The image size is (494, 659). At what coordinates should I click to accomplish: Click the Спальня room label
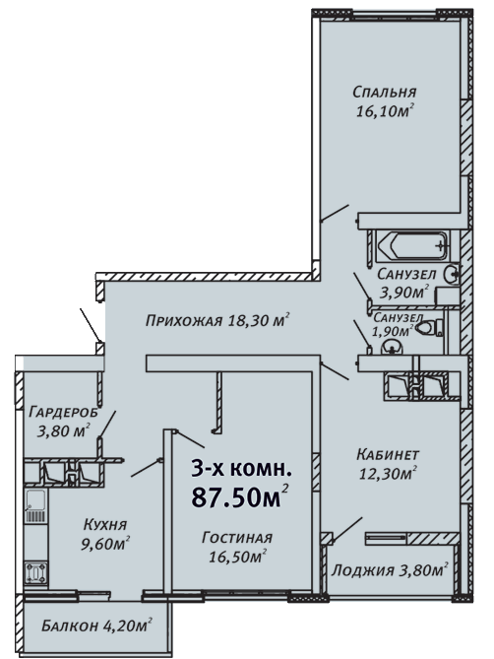click(384, 92)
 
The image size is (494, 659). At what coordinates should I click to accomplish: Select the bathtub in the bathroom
click(412, 245)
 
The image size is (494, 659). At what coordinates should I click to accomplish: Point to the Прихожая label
click(184, 321)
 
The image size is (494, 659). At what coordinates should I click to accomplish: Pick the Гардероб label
click(63, 412)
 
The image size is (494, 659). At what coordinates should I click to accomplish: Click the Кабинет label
click(388, 454)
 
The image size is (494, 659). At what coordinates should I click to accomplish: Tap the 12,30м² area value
click(388, 473)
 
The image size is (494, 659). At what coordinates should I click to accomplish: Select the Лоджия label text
click(363, 570)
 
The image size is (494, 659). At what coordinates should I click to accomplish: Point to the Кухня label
click(105, 524)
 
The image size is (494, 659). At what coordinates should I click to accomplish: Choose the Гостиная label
click(237, 538)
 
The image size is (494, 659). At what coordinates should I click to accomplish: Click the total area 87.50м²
click(240, 497)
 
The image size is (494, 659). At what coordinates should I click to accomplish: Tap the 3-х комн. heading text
click(241, 469)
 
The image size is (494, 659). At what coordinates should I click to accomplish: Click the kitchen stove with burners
click(36, 573)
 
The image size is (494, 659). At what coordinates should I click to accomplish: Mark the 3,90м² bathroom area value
click(403, 292)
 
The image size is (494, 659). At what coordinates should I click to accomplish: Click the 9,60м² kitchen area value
click(104, 544)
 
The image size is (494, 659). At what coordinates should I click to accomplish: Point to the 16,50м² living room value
click(238, 557)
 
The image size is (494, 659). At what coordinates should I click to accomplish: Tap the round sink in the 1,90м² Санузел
click(392, 348)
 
